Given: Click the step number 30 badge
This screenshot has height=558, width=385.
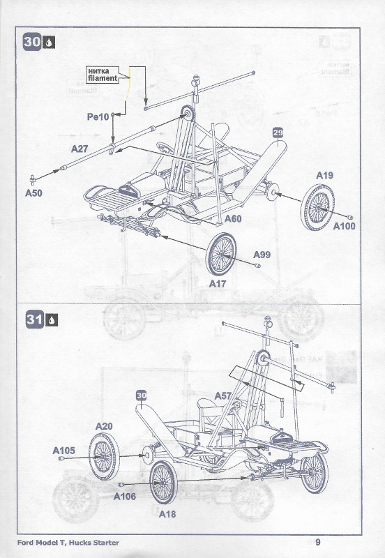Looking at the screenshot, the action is (x=31, y=42).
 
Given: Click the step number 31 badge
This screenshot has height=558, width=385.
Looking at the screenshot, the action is (x=34, y=319).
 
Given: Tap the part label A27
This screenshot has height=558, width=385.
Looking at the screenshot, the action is (x=80, y=149).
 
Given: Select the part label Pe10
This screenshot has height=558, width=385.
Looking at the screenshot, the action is (x=98, y=116).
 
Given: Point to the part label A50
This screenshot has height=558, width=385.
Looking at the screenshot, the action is (x=33, y=193).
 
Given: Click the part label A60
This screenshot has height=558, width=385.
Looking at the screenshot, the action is (x=233, y=218).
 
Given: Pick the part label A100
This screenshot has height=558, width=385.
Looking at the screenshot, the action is (x=344, y=226).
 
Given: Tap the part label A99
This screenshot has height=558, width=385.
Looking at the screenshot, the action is (x=262, y=255).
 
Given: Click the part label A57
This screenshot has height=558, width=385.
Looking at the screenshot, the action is (x=223, y=395).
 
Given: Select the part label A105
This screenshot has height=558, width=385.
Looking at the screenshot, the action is (x=63, y=451).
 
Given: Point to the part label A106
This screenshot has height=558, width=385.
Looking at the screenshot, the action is (x=125, y=497).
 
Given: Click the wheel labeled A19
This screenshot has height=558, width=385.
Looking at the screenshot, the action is (x=317, y=207).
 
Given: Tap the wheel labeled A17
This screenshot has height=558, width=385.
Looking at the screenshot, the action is (x=220, y=254).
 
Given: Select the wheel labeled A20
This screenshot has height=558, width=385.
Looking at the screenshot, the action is (x=104, y=457).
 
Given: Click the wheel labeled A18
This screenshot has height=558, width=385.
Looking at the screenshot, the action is (x=163, y=483).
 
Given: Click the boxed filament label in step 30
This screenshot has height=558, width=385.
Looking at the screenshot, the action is (x=103, y=75).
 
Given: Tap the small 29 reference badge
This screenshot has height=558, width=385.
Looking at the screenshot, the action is (x=278, y=133).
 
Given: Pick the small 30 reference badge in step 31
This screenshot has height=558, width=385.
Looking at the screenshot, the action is (x=142, y=395).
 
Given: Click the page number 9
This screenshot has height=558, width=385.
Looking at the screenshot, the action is (x=318, y=542).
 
